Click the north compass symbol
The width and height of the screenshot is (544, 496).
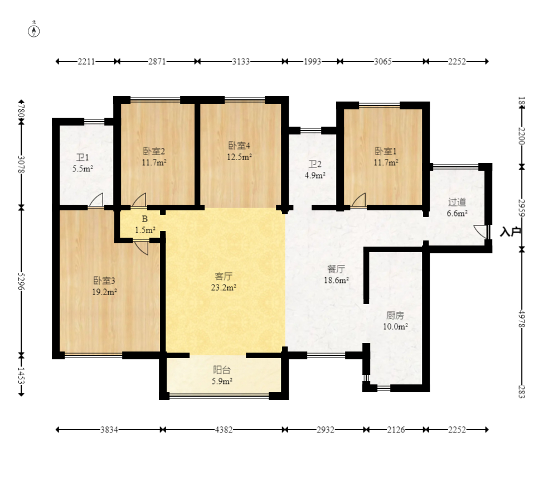pos(33,31)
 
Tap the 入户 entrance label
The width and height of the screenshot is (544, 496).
pos(511,232)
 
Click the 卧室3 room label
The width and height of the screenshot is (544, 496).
pos(104,281)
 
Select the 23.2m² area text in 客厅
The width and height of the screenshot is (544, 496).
pos(224,287)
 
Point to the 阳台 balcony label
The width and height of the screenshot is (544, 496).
pos(222,370)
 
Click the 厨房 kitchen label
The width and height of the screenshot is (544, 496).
pos(395,315)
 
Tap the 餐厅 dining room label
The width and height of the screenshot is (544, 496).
pos(336,269)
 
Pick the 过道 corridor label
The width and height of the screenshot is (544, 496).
pos(457,202)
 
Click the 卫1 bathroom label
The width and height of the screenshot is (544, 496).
pos(82,158)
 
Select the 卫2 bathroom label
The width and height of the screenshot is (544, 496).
pos(315,164)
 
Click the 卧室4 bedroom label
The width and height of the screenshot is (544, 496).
pos(239,146)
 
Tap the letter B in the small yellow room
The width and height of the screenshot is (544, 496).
pos(145,219)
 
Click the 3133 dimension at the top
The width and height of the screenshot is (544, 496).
pos(241,61)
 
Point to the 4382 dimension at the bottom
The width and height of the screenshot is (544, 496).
pos(224,430)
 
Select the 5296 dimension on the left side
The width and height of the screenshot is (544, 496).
pos(21,282)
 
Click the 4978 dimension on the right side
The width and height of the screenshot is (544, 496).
pos(522,319)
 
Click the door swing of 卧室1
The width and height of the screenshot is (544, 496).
pos(359,200)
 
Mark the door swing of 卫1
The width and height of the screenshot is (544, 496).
pos(96,200)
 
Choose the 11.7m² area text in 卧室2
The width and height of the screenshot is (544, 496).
pos(154,162)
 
